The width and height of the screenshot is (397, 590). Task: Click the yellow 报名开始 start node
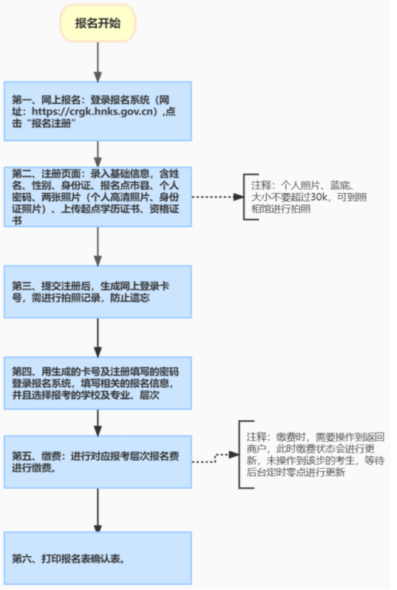pos(98,23)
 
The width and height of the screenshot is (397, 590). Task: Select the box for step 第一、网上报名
pos(98,112)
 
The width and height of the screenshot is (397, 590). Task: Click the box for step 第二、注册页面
pos(98,197)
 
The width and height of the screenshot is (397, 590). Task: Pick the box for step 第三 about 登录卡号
pos(98,292)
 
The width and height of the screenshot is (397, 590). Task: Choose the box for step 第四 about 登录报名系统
pos(98,383)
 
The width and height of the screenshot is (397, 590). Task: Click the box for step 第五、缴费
pos(98,462)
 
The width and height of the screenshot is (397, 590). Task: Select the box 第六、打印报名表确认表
pos(98,558)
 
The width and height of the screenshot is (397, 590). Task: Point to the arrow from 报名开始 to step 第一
pos(98,61)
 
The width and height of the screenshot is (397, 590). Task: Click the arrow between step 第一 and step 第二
pos(98,155)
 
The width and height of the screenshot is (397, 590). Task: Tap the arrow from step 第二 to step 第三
pos(98,246)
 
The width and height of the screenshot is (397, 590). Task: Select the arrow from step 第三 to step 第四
pos(98,338)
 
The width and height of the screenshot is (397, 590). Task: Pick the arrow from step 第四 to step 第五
pos(98,423)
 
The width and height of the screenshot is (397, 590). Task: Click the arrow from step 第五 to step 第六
pos(98,510)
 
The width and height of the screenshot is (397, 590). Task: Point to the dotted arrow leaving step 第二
pos(217,197)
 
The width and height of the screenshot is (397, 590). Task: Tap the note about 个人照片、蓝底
pos(309,197)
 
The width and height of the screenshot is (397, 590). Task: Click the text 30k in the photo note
pos(319,197)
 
